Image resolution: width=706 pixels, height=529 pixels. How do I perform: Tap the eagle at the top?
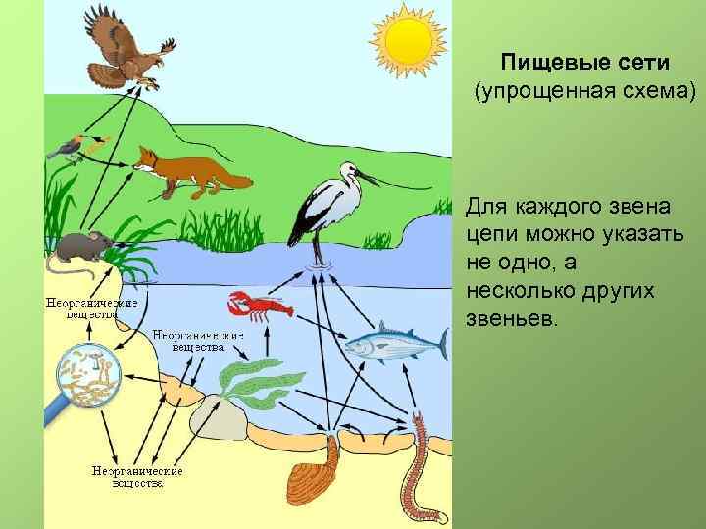(123, 49)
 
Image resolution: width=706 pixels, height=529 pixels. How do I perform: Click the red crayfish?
(259, 308)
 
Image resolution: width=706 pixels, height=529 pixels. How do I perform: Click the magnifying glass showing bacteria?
(86, 376)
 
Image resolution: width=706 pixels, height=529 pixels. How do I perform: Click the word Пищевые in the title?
(545, 64)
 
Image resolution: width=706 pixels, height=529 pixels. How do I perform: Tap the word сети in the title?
(638, 64)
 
